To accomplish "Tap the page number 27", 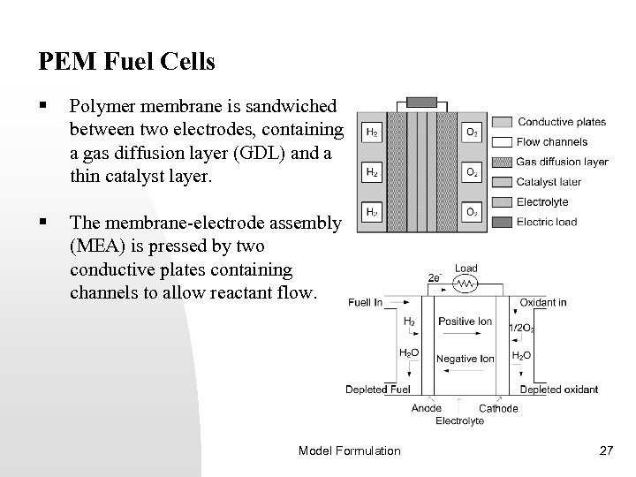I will (606, 450).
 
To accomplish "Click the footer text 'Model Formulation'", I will (349, 450).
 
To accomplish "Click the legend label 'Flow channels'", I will (552, 141).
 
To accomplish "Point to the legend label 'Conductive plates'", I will (562, 121).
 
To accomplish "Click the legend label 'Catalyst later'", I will (549, 182).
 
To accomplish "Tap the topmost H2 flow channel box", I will (372, 132).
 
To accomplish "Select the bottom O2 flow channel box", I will (473, 212).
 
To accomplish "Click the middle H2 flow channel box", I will (372, 172).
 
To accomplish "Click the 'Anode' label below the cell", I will (428, 408).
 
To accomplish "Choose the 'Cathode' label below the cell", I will (498, 408).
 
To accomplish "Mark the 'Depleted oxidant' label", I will (558, 390).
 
